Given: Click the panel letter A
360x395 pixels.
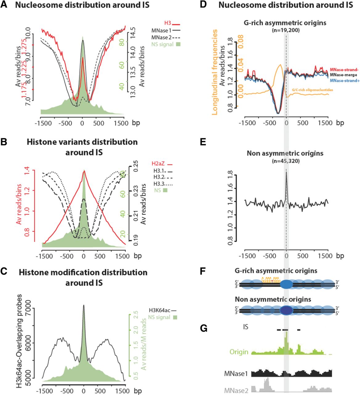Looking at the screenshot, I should click(4, 5).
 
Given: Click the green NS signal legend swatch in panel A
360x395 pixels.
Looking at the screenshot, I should click(177, 44).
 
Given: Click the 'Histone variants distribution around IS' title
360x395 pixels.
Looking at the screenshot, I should click(82, 147).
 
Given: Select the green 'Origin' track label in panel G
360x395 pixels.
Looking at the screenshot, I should click(239, 352).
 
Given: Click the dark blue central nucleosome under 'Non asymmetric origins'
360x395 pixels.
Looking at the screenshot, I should click(287, 310).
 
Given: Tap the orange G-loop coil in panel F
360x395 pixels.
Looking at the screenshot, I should click(271, 280).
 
